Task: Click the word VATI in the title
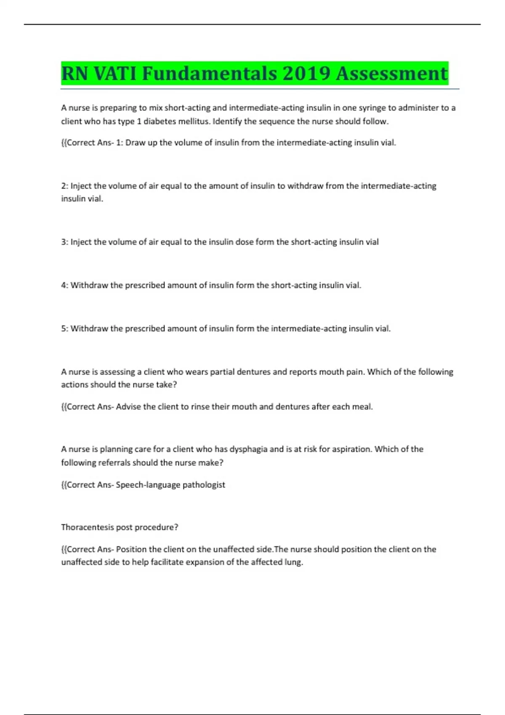click(115, 74)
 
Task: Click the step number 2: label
click(64, 186)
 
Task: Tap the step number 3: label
click(64, 242)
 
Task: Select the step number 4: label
click(64, 285)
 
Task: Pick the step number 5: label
click(64, 328)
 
